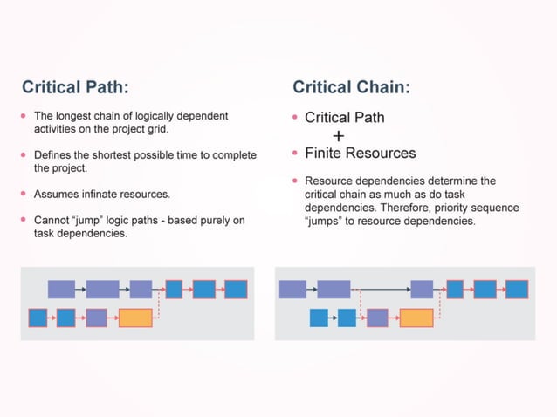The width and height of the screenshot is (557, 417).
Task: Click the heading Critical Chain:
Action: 351,87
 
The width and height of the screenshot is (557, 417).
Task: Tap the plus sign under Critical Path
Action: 339,136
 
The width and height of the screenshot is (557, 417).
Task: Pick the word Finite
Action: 325,154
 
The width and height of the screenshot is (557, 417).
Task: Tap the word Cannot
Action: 52,221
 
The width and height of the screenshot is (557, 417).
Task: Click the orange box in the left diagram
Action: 135,318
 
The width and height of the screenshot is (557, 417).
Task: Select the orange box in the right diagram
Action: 416,318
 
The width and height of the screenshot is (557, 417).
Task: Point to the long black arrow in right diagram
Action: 380,289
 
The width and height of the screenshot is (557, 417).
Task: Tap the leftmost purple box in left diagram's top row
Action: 61,289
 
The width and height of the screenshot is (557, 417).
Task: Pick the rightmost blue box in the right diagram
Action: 517,289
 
